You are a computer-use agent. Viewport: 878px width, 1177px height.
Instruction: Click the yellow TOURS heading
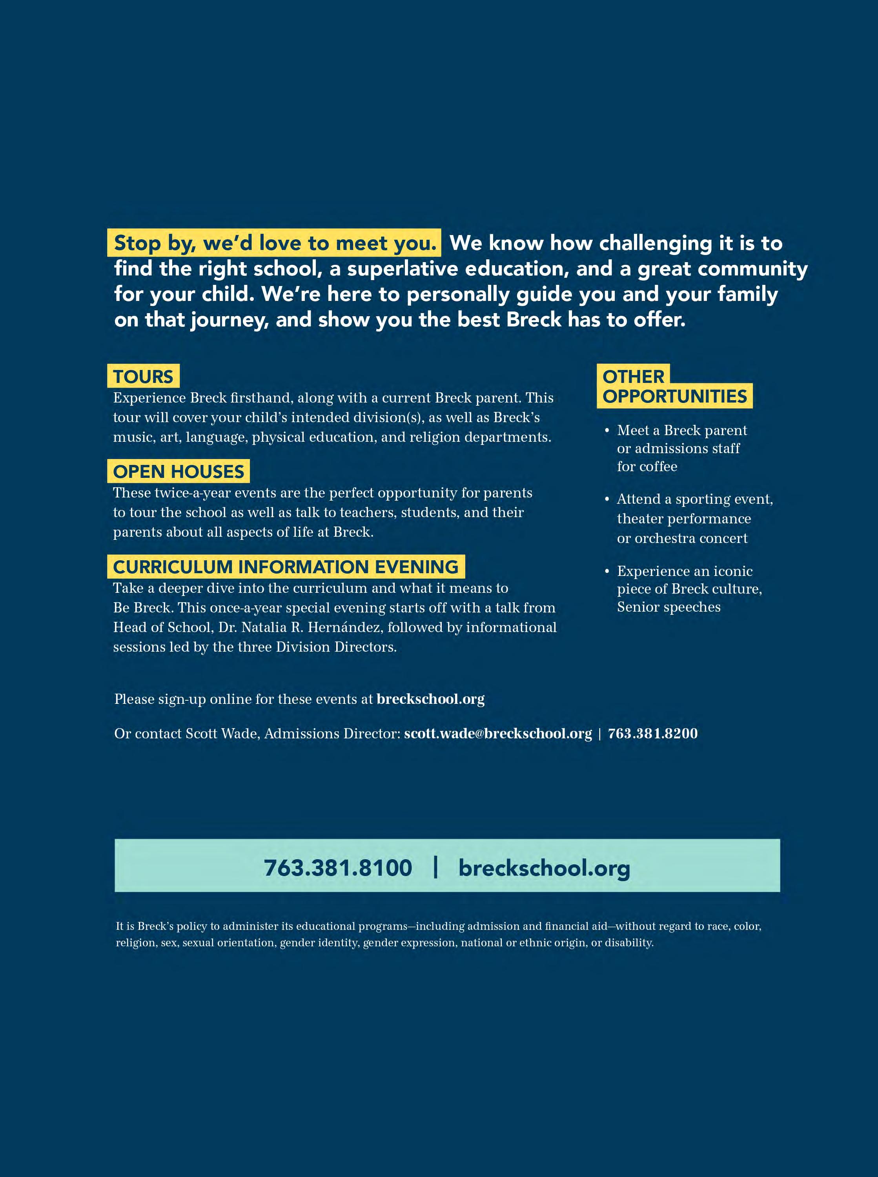[x=143, y=376]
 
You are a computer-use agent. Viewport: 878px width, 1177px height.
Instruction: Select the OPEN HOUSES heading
[x=179, y=471]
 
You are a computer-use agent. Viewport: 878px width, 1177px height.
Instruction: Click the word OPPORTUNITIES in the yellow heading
[x=674, y=396]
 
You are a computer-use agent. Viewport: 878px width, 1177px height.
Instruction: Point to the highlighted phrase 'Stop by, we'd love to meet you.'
[x=275, y=243]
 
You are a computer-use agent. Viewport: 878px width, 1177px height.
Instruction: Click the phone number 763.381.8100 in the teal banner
[x=338, y=868]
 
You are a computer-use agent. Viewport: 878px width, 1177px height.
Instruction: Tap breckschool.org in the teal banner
[x=544, y=868]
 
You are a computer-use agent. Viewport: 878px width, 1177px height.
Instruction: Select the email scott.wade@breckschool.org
[x=497, y=734]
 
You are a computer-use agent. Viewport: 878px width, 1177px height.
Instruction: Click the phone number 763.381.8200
[x=653, y=734]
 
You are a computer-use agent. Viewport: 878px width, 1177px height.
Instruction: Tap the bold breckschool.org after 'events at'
[x=430, y=699]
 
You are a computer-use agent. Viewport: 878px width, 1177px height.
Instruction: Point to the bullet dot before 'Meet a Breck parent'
[x=607, y=430]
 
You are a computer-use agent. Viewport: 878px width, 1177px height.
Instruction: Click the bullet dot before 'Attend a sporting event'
[x=607, y=499]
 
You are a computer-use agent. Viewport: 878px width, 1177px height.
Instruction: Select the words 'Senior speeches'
[x=669, y=607]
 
